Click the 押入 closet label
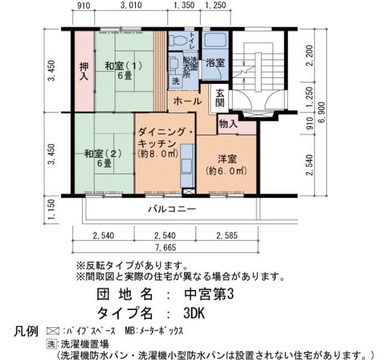click(84, 71)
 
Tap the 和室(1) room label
click(124, 66)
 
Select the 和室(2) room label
click(103, 154)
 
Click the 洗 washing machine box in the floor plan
click(176, 81)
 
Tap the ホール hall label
click(187, 101)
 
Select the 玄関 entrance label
click(219, 97)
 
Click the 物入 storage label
click(228, 123)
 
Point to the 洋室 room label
click(227, 159)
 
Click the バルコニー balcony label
click(172, 209)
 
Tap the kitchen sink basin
click(187, 166)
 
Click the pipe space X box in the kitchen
click(189, 191)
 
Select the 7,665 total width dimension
click(165, 248)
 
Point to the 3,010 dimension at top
click(131, 5)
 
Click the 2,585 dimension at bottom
click(227, 235)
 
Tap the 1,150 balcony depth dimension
click(51, 210)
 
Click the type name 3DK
click(194, 313)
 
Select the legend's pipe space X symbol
click(53, 331)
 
